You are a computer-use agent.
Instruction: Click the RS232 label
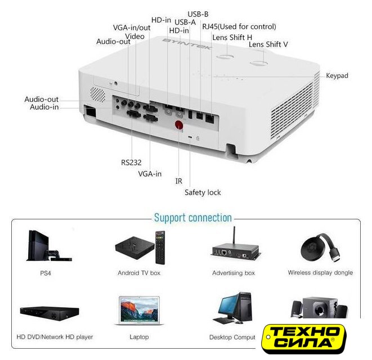[x=131, y=162]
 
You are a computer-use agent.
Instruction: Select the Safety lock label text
[x=203, y=192]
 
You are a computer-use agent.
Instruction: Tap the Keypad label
[x=337, y=75]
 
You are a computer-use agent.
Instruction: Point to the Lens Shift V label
[x=268, y=44]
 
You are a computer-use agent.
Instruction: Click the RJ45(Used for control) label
[x=239, y=26]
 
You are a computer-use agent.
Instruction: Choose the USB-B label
[x=198, y=13]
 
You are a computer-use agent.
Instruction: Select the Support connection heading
[x=193, y=218]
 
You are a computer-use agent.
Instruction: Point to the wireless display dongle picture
[x=320, y=247]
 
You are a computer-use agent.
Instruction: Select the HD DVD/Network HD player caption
[x=55, y=337]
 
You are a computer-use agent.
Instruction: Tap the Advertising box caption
[x=234, y=273]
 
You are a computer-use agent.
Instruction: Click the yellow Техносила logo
[x=306, y=337]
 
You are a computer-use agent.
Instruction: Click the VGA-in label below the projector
[x=150, y=174]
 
